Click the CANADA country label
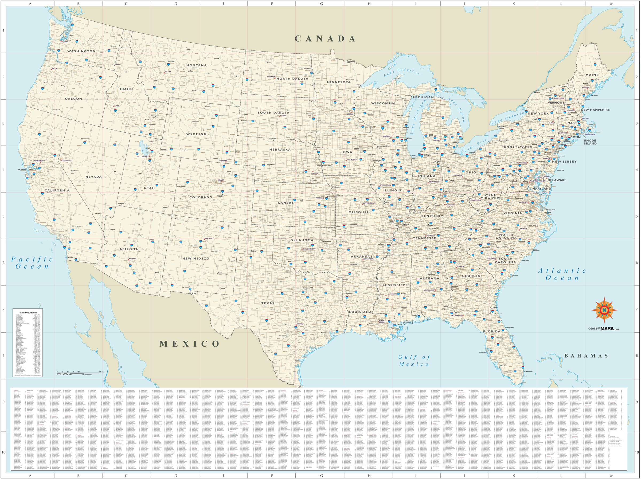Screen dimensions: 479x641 click(325, 38)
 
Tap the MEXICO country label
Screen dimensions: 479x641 click(190, 344)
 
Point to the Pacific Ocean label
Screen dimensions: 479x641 click(31, 263)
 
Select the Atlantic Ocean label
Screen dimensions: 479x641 click(562, 274)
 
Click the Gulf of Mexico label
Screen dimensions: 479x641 click(414, 360)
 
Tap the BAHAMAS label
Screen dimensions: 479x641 click(586, 356)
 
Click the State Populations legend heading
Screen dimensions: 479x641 click(27, 313)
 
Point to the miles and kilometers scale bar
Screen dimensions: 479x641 click(78, 373)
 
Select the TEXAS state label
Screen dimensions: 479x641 click(268, 303)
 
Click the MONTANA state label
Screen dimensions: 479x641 click(196, 65)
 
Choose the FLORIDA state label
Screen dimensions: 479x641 click(491, 331)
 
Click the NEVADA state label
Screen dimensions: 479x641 click(93, 176)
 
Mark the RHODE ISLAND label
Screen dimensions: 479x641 click(590, 142)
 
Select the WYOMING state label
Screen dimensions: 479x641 click(196, 134)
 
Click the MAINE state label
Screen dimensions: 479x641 click(592, 75)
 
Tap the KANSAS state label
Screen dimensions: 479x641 click(286, 203)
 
